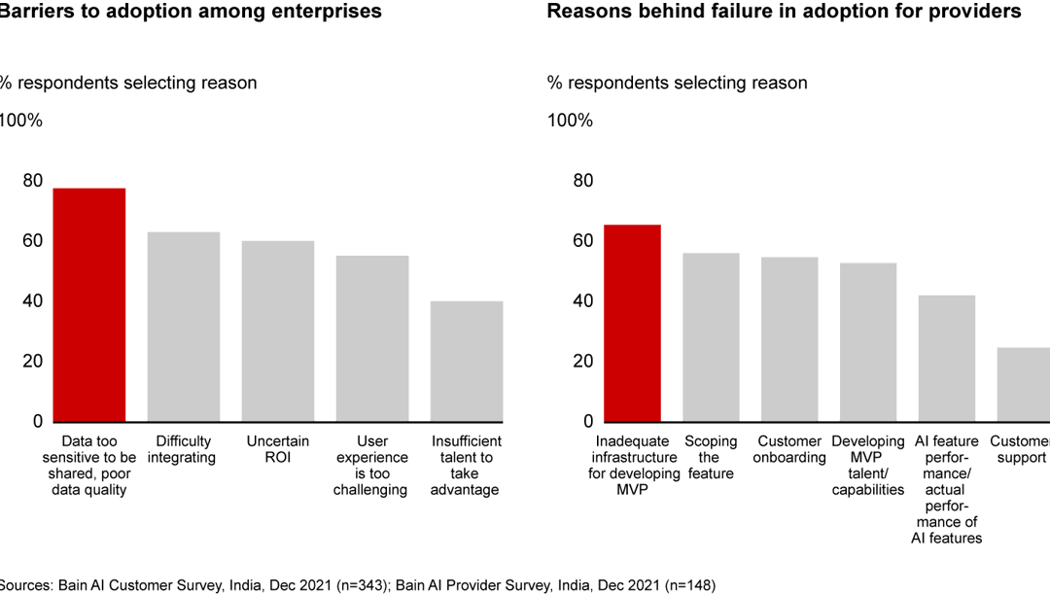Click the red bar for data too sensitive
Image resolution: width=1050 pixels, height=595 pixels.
(x=88, y=304)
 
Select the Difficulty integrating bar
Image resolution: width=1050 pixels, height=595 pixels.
(x=183, y=327)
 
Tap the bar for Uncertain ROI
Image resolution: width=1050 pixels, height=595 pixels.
(x=278, y=331)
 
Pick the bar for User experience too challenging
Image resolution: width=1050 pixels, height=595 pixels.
(x=372, y=338)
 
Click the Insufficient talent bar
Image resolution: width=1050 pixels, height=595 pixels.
(x=467, y=361)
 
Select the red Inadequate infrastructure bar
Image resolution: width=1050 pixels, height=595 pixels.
(x=632, y=323)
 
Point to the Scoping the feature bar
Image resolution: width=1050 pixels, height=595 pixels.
(x=711, y=336)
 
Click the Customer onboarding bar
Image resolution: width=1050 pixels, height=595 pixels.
(x=789, y=338)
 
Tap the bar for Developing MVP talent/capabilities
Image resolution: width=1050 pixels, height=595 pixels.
(x=868, y=341)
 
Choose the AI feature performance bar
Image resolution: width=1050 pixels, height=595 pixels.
(x=947, y=358)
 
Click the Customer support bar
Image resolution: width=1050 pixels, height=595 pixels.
(x=1024, y=384)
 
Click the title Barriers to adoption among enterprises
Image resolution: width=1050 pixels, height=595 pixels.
(x=190, y=12)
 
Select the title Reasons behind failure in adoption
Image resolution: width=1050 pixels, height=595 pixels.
(x=784, y=12)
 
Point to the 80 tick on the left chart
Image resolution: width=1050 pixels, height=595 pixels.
(x=33, y=180)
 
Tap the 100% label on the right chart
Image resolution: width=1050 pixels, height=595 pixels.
(x=570, y=121)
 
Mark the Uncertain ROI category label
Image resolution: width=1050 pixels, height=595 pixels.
(x=278, y=449)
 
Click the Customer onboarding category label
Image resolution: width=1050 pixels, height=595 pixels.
(x=790, y=449)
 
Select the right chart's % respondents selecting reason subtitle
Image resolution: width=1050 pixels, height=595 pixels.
(x=678, y=83)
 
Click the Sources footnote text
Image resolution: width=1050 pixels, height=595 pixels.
(x=359, y=584)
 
